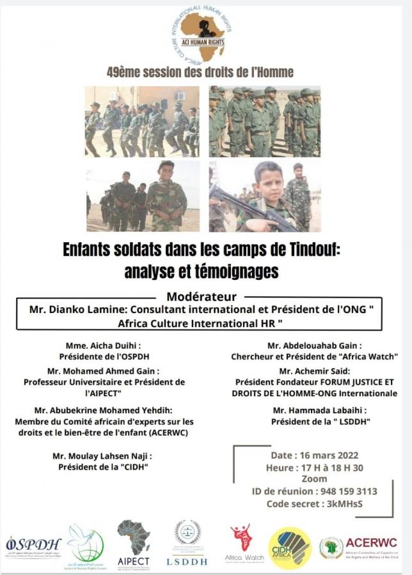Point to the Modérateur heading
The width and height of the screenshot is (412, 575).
(x=202, y=296)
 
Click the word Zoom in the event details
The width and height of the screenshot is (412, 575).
(x=315, y=479)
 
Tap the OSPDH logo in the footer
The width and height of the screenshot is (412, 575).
(x=33, y=546)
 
